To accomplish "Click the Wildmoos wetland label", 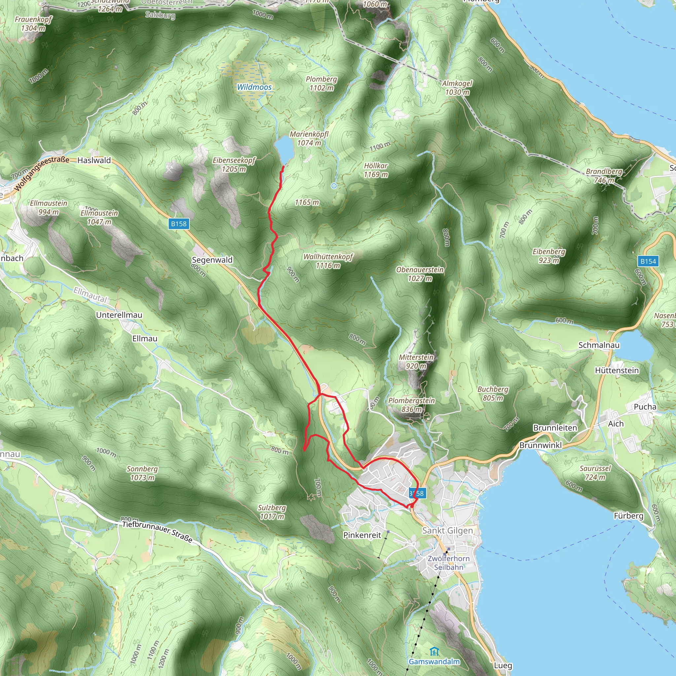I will coord(254,87).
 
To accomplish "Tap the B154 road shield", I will coord(648,261).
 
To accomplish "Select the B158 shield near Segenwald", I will coord(179,223).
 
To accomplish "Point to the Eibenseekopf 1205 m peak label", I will coord(234,164).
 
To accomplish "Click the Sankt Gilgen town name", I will coord(447,530).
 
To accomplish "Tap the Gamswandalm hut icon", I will coord(434,652).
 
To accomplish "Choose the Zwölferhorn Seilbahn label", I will coord(449,563).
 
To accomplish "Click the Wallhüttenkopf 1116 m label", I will coord(328,261).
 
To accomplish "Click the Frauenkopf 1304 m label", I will coord(33,24).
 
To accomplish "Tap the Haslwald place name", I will coord(94,160).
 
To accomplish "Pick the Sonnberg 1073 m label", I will coord(142,473).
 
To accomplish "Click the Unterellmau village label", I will coord(119,315).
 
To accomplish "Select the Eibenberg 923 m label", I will coord(549,256).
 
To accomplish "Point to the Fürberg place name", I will coord(628,516).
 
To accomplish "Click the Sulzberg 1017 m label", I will coord(272,512).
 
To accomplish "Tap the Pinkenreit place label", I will coord(362,535).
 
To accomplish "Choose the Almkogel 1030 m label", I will coord(457,87).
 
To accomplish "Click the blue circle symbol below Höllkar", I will coord(334,186).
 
